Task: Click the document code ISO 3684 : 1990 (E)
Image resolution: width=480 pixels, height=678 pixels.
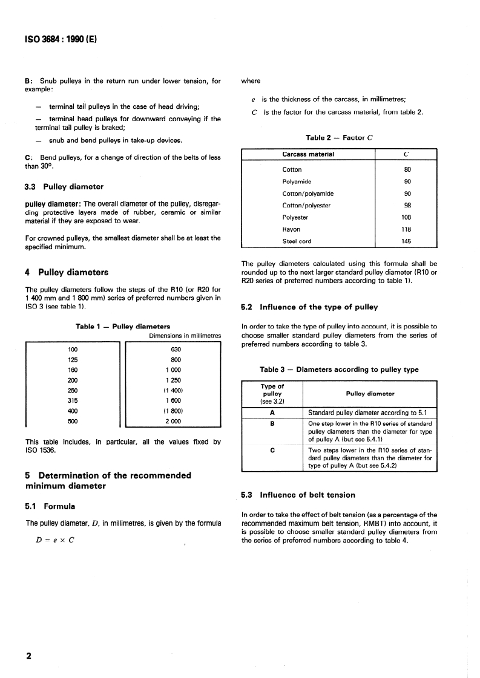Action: [x=61, y=40]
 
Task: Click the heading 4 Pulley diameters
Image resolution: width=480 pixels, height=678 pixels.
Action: [x=67, y=272]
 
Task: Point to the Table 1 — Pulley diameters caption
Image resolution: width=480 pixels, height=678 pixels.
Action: [x=123, y=327]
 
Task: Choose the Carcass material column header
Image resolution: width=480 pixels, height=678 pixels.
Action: [x=309, y=154]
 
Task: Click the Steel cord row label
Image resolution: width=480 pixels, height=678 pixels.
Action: [x=297, y=241]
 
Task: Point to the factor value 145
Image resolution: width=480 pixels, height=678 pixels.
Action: [x=407, y=241]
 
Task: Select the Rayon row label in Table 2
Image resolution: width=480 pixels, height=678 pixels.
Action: [x=291, y=229]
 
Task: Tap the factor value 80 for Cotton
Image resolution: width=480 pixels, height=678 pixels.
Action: [x=407, y=170]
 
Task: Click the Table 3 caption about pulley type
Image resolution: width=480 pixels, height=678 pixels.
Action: [x=339, y=370]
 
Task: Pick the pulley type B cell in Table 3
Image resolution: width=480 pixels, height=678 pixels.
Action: [x=272, y=423]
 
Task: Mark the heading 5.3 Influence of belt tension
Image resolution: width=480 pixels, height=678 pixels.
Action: [x=298, y=495]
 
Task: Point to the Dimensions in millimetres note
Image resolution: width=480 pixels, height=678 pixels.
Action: [x=185, y=336]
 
